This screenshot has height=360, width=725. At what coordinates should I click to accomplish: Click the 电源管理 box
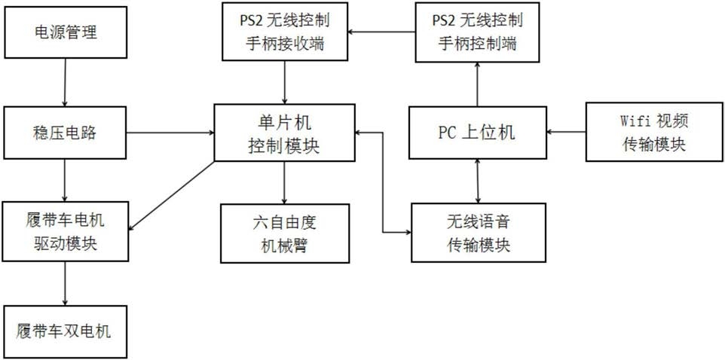point(66,32)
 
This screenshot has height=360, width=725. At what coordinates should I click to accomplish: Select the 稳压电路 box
point(66,133)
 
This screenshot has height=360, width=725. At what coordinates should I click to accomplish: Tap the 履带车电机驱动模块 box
point(66,231)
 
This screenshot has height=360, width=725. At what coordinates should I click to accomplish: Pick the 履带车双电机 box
point(66,331)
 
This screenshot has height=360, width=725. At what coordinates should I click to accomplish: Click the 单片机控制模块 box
point(284,133)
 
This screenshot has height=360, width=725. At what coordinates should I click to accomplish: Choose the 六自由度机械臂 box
point(284,232)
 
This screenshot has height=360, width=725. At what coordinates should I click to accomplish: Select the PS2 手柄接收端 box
point(284,32)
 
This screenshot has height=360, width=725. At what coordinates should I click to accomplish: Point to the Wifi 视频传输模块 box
point(647,133)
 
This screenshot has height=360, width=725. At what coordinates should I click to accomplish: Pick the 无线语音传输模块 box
point(479,232)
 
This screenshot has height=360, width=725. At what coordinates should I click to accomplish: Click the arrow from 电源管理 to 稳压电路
point(65,84)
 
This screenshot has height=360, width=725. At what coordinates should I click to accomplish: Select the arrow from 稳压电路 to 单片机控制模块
point(170,133)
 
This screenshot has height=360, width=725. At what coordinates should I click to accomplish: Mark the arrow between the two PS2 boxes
point(381,32)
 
